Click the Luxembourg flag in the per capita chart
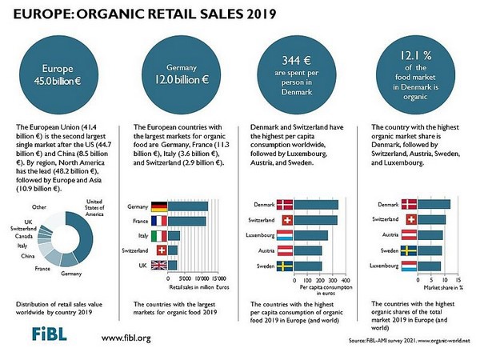[285, 235]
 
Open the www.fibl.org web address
[126, 338]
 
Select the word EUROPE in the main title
[34, 13]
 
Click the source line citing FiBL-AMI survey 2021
[407, 341]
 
